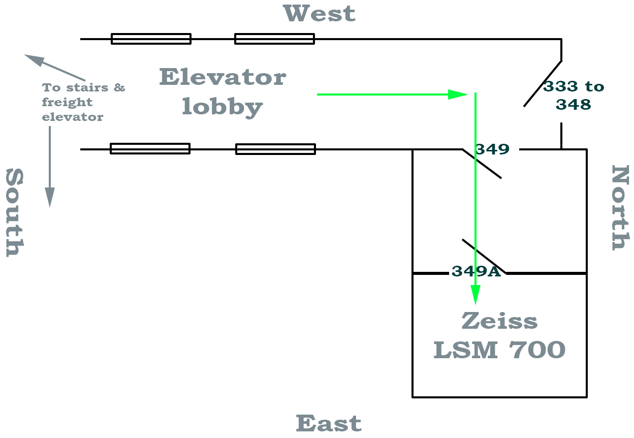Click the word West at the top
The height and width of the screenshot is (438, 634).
coord(320,14)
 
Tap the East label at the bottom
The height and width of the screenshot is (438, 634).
coord(329,423)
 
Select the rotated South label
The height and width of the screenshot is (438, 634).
coord(15,213)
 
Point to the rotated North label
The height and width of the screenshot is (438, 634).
coord(619,207)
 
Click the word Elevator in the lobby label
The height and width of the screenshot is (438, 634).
coord(223,78)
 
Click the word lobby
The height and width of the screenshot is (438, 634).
coord(222,107)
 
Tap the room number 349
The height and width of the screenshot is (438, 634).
coord(492,149)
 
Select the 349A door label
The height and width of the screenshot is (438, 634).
coord(476,272)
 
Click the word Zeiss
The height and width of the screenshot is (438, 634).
coord(499,321)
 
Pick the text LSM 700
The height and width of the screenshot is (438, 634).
coord(499,350)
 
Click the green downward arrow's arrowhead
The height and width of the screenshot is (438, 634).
coord(475,294)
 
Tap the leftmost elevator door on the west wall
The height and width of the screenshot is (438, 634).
coord(151,39)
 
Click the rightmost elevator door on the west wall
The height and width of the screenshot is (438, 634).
coord(274,39)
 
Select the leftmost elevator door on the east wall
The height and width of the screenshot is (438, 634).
coord(150,148)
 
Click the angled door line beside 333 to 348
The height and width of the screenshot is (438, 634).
coord(543,84)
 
